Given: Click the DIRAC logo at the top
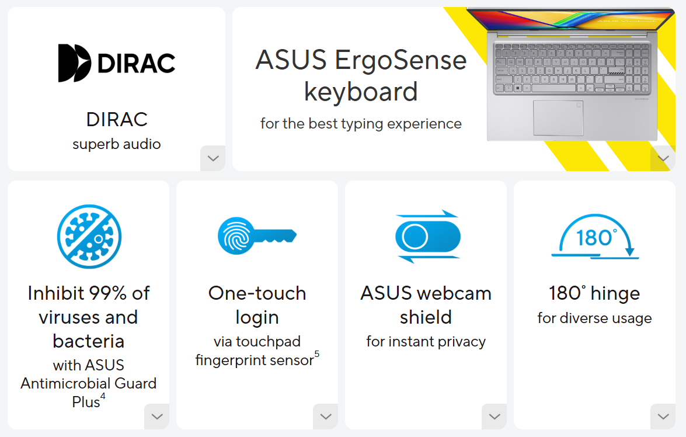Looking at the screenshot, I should (117, 63).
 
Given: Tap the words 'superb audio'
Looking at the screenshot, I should (117, 144).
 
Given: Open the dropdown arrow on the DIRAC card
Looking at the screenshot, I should (213, 158).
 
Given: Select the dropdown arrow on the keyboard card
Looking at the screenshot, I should (663, 158).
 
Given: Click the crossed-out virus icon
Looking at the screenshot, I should (89, 236).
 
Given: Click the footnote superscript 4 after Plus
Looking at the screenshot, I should (103, 397).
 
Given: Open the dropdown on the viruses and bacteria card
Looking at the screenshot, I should (156, 417).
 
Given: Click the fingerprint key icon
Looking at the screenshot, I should (257, 236).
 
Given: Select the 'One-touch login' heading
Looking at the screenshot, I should (257, 305).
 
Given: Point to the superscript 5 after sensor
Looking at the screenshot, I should (317, 354).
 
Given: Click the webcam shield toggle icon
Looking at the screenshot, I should (427, 236).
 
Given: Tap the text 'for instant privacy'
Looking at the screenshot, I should (426, 342).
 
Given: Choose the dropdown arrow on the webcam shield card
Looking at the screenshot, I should (494, 417).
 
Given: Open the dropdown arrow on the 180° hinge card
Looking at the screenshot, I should (663, 417).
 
